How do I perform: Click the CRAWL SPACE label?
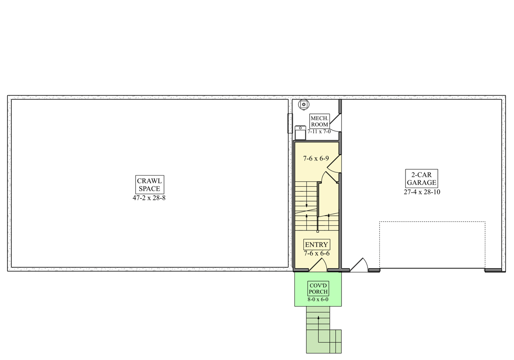click(x=149, y=184)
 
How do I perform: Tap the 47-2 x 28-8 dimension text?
click(x=149, y=198)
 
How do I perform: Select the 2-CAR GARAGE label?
click(x=422, y=179)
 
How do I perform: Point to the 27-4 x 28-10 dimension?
click(x=422, y=192)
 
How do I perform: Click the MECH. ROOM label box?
click(x=319, y=121)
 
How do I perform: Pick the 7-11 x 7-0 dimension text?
click(x=319, y=131)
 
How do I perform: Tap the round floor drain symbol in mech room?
click(x=303, y=104)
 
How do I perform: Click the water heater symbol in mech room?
click(x=300, y=133)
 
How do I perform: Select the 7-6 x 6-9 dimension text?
click(x=316, y=159)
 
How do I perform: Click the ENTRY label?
click(x=316, y=245)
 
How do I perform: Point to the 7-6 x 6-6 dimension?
click(x=317, y=253)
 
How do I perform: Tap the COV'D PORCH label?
click(x=318, y=288)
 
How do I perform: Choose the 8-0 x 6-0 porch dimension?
click(x=318, y=299)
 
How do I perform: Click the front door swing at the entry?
click(x=318, y=265)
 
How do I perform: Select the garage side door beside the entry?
click(x=359, y=265)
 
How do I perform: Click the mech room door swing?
click(x=335, y=122)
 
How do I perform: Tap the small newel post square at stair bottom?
click(x=318, y=231)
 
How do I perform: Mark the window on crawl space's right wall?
click(x=290, y=123)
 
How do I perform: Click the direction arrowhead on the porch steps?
click(x=318, y=318)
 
